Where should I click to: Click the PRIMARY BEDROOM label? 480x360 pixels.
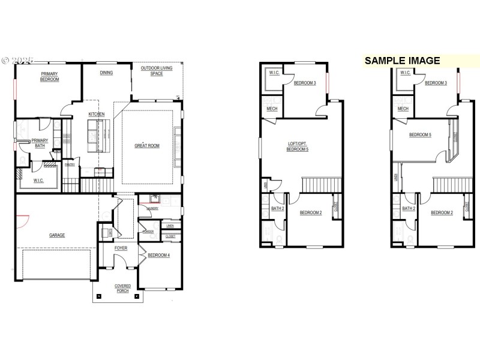pyautogui.click(x=49, y=77)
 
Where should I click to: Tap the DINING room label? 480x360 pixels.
pyautogui.click(x=106, y=73)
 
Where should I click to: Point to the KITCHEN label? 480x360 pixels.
pyautogui.click(x=97, y=114)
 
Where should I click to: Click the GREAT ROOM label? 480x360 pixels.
pyautogui.click(x=146, y=146)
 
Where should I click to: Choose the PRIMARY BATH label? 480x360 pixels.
pyautogui.click(x=41, y=143)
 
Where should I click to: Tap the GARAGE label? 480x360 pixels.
pyautogui.click(x=57, y=235)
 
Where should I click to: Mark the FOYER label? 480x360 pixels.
pyautogui.click(x=121, y=247)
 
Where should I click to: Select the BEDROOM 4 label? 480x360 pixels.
pyautogui.click(x=159, y=256)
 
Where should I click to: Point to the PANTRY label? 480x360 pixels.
pyautogui.click(x=70, y=164)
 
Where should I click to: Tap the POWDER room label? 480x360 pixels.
pyautogui.click(x=148, y=231)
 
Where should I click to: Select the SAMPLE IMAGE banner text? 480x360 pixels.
pyautogui.click(x=403, y=61)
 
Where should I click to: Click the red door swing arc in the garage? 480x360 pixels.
pyautogui.click(x=22, y=222)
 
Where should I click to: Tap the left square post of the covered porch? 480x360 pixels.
pyautogui.click(x=99, y=296)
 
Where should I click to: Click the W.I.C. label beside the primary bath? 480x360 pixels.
pyautogui.click(x=39, y=180)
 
